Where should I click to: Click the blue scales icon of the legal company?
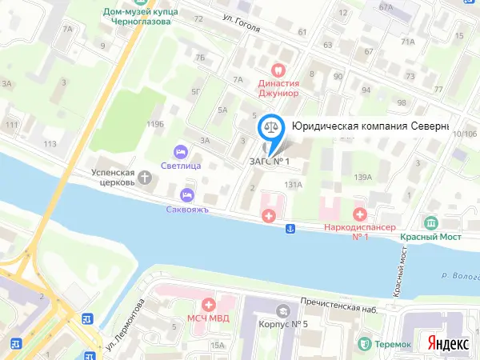[272, 126]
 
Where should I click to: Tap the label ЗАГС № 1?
[268, 162]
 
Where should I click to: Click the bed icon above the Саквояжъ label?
[187, 194]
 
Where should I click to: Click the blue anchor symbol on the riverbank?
[291, 230]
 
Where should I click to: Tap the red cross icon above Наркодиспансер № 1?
[360, 214]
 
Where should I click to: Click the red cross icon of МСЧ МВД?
[209, 304]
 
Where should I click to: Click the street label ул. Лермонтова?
[124, 324]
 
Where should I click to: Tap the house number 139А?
[365, 177]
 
